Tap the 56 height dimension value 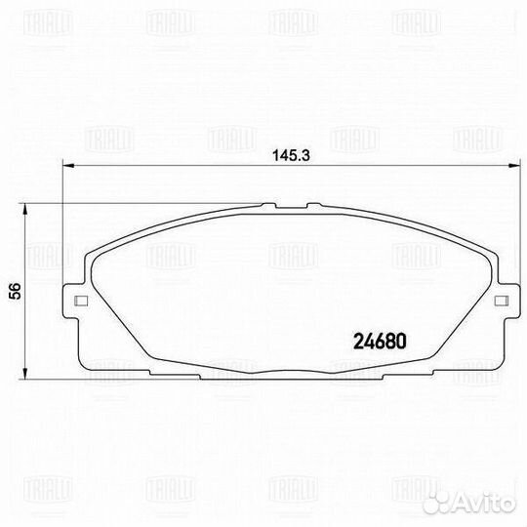[x=15, y=291]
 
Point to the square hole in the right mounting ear [x=500, y=301]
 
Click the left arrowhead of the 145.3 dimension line [x=64, y=167]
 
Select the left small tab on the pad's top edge [x=266, y=205]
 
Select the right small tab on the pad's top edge [x=312, y=205]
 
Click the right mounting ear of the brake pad [x=501, y=301]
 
